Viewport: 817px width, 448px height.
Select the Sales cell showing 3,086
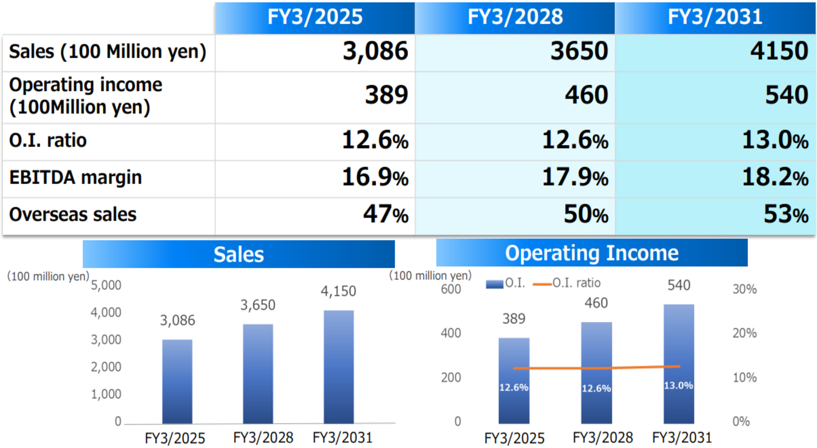pos(375,52)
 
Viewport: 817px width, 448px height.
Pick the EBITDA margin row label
pos(76,178)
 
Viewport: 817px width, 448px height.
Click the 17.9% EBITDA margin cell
pos(575,178)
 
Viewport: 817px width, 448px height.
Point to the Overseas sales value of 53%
pos(786,215)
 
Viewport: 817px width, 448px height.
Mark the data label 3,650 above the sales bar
pos(258,305)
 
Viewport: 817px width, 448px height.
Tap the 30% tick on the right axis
pos(744,289)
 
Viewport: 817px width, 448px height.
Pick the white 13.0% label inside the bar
pos(678,386)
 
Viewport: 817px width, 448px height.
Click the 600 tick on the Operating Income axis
pos(451,289)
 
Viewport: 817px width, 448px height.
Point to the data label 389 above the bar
pos(514,319)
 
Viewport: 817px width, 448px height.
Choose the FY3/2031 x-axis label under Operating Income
pos(682,438)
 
